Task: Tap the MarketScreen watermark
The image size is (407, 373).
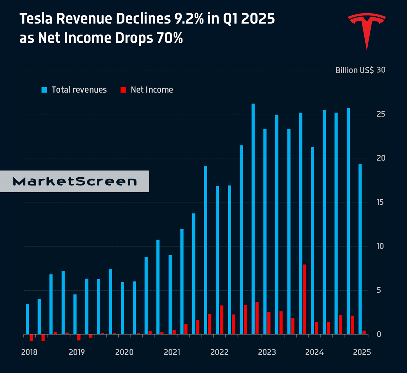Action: pyautogui.click(x=75, y=181)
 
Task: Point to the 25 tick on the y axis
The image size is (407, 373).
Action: pyautogui.click(x=381, y=114)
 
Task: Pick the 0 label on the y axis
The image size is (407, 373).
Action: pyautogui.click(x=379, y=334)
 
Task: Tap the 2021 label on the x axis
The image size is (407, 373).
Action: pyautogui.click(x=172, y=352)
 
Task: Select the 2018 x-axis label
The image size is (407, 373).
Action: pyautogui.click(x=29, y=352)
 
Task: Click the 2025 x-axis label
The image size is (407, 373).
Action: pyautogui.click(x=362, y=352)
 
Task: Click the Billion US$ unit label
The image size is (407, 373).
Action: pyautogui.click(x=354, y=70)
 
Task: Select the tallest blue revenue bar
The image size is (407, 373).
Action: pyautogui.click(x=253, y=219)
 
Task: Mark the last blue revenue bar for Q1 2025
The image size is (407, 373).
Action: pyautogui.click(x=360, y=249)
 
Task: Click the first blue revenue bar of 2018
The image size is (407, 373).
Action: pyautogui.click(x=27, y=319)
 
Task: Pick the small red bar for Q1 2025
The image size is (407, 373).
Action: pyautogui.click(x=364, y=332)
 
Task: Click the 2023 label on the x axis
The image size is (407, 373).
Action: pyautogui.click(x=267, y=352)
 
